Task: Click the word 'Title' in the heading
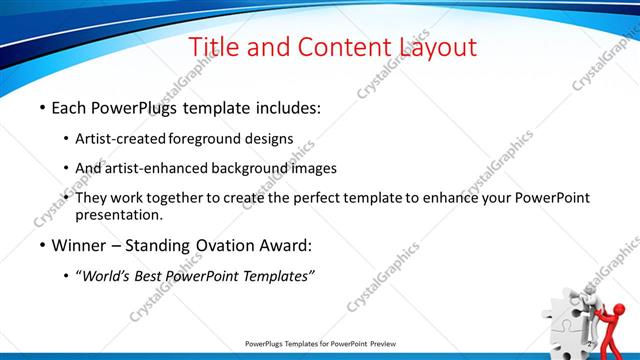[213, 47]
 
